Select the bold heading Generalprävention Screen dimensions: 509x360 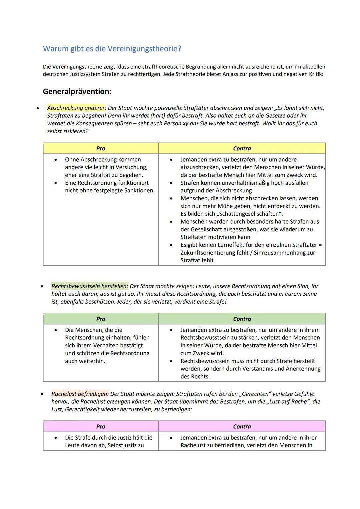pyautogui.click(x=76, y=91)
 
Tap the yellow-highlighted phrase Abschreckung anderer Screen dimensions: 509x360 pyautogui.click(x=76, y=108)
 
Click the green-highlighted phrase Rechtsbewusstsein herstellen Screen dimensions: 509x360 pyautogui.click(x=89, y=286)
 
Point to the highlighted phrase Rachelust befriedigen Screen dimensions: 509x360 pyautogui.click(x=80, y=394)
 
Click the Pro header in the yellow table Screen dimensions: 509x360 pyautogui.click(x=101, y=148)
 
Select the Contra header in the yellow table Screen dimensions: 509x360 pyautogui.click(x=242, y=148)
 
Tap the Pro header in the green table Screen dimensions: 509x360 pyautogui.click(x=101, y=319)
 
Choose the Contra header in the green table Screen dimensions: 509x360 pyautogui.click(x=242, y=319)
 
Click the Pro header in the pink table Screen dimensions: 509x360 pyautogui.click(x=101, y=426)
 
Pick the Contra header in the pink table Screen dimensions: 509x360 pyautogui.click(x=242, y=426)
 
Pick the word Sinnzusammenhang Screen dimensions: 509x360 pyautogui.click(x=280, y=253)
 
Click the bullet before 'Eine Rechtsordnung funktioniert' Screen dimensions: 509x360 pyautogui.click(x=56, y=183)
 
